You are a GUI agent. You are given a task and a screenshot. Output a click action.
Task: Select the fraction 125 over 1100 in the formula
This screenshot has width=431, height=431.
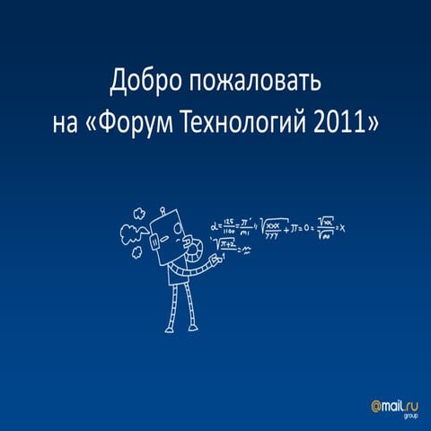(x=233, y=229)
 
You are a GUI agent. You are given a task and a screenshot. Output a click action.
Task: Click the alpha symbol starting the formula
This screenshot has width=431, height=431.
(x=215, y=227)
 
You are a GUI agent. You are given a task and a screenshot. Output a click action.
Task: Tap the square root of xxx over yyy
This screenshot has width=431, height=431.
(x=275, y=229)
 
